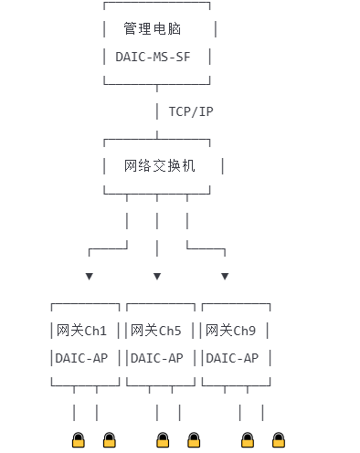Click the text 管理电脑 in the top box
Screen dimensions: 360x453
153,28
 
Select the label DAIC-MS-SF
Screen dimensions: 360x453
153,57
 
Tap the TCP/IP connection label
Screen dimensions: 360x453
191,111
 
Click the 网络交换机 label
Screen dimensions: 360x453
160,166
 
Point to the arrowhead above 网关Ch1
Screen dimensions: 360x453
90,276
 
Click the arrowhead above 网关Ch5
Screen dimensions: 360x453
157,276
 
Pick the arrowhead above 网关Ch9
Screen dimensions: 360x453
225,276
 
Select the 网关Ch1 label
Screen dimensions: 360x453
81,331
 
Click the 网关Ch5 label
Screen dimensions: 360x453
156,331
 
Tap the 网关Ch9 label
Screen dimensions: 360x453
231,331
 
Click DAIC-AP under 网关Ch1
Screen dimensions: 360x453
81,358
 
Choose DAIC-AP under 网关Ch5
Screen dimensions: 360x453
157,358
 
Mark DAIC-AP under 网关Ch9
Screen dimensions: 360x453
232,358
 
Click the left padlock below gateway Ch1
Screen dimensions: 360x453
79,440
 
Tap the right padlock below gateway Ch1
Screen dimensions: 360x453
110,440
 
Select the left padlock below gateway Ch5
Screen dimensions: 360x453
163,440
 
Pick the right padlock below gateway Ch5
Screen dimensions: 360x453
194,440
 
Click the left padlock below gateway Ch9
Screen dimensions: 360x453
248,440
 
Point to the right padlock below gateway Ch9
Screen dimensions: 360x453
279,440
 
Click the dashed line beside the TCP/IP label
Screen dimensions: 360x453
157,111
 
